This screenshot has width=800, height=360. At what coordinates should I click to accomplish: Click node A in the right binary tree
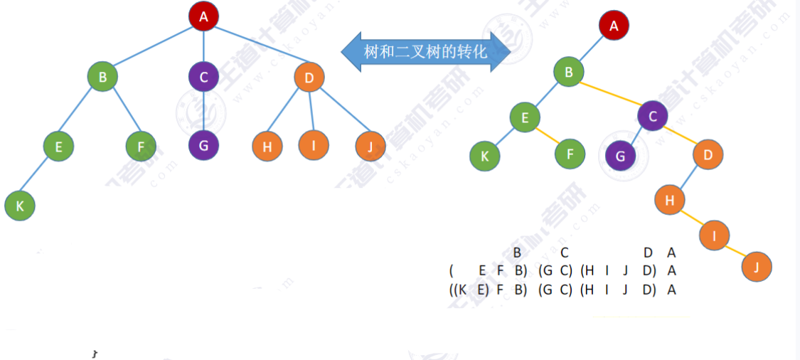614,26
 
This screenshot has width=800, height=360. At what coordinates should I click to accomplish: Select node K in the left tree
20,206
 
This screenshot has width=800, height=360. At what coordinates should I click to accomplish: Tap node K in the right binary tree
485,156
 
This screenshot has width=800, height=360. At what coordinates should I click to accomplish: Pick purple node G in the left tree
204,146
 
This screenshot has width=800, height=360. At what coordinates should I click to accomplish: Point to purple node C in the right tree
653,117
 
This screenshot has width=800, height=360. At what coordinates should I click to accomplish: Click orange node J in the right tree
757,268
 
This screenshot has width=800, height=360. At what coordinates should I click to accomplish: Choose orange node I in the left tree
314,145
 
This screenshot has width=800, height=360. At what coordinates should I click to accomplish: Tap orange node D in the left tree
309,77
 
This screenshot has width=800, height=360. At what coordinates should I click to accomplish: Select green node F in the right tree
570,154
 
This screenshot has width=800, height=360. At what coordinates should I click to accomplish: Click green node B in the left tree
103,77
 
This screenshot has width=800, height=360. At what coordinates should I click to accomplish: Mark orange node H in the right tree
669,200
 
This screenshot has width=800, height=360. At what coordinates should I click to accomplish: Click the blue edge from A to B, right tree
592,49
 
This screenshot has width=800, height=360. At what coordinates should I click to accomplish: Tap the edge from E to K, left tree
39,176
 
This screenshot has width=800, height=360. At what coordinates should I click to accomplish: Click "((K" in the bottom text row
458,290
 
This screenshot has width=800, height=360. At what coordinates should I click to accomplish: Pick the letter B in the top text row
518,252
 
